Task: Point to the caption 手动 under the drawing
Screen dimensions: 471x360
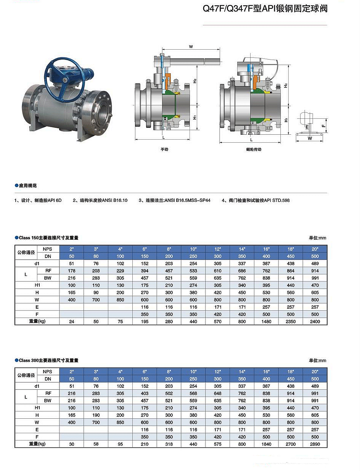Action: [x=164, y=149]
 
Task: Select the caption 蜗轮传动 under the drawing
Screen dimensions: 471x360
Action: [x=254, y=150]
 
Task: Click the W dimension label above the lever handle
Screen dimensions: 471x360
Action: [x=191, y=47]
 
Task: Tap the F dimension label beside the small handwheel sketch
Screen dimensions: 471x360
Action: [x=323, y=124]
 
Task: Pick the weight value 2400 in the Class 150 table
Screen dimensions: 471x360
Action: [x=315, y=321]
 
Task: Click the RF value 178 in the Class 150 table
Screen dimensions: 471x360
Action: [x=71, y=271]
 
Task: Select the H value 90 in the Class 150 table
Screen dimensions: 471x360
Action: [x=96, y=292]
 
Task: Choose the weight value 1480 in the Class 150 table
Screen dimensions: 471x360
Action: [x=266, y=321]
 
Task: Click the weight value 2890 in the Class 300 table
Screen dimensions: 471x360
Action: [x=315, y=444]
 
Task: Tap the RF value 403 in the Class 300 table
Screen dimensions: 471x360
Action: [x=145, y=393]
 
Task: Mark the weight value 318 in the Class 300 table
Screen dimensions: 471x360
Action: [x=169, y=444]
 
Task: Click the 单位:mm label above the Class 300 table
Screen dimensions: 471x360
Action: [x=317, y=361]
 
